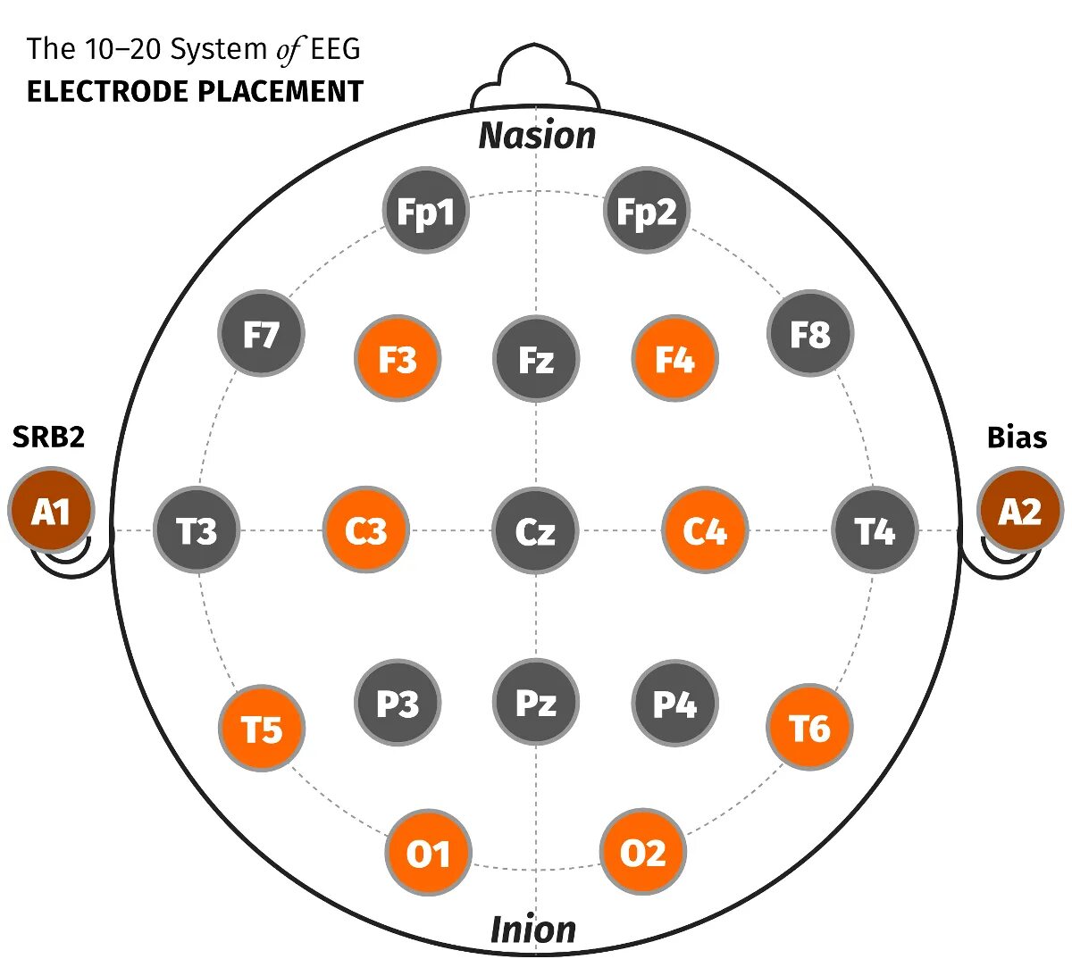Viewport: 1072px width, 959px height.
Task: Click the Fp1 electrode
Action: point(425,211)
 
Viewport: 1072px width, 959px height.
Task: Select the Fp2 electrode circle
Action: point(647,211)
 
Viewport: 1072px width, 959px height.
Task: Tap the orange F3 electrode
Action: point(398,359)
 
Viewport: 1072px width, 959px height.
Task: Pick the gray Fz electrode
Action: point(536,359)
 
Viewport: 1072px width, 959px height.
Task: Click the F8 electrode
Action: point(810,333)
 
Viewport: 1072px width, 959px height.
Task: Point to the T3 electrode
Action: point(197,530)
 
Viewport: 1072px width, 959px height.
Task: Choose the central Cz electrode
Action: point(536,530)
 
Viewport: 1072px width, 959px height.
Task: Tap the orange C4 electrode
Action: point(705,530)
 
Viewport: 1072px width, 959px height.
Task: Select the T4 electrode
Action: point(875,530)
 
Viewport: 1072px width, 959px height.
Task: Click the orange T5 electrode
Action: point(262,729)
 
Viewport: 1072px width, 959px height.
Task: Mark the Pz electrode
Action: point(536,703)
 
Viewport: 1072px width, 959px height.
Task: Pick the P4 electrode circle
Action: point(674,703)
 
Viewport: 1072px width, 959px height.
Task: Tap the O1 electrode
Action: point(428,853)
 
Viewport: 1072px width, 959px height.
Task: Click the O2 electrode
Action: point(643,853)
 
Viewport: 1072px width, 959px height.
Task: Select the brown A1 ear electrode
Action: point(51,511)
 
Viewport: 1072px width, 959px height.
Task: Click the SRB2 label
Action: point(48,437)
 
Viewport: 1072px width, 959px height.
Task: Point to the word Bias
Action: point(1017,437)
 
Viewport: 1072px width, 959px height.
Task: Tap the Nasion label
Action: point(537,135)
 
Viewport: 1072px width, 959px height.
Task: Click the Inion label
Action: point(533,930)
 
